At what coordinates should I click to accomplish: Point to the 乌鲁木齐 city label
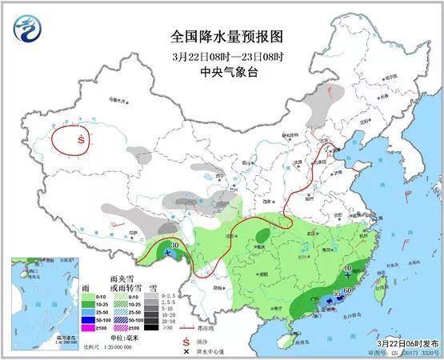pyautogui.click(x=117, y=101)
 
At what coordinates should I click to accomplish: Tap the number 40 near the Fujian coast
pyautogui.click(x=347, y=269)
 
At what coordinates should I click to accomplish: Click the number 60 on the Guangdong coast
pyautogui.click(x=348, y=290)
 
